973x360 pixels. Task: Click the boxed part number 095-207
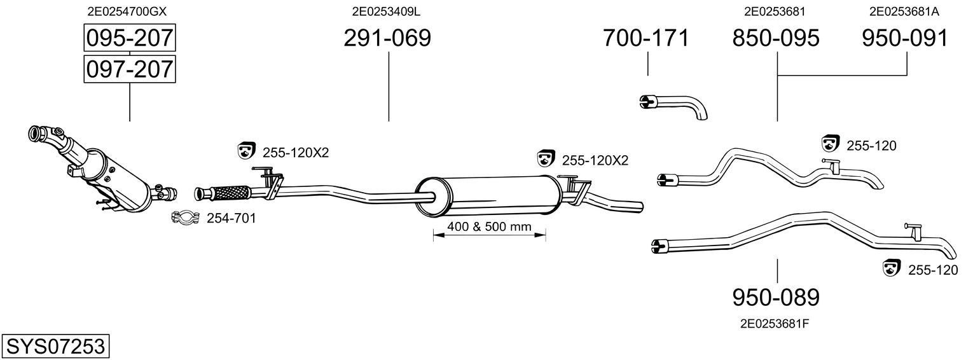(x=130, y=38)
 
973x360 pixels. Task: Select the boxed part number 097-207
(x=130, y=68)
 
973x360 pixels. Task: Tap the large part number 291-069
(x=387, y=38)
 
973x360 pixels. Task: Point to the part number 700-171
(x=646, y=38)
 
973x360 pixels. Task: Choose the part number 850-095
(x=776, y=38)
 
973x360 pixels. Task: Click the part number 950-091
(x=905, y=38)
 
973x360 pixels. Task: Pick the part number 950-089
(x=776, y=297)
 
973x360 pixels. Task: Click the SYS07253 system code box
(x=55, y=347)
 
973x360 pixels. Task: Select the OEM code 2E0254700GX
(x=129, y=11)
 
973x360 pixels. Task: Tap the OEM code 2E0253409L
(x=387, y=11)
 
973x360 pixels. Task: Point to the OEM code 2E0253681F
(x=775, y=324)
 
